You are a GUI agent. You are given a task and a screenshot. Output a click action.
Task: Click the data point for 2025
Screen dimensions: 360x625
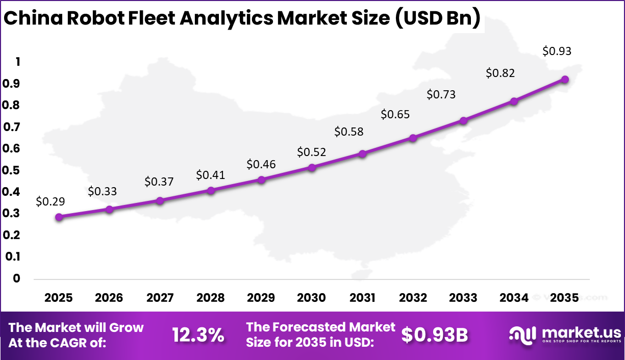59,217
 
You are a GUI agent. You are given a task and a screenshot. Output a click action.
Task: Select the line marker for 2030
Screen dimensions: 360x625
312,167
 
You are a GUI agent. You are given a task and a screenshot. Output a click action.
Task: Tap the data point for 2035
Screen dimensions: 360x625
565,80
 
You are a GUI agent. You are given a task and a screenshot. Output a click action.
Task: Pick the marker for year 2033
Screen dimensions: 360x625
463,121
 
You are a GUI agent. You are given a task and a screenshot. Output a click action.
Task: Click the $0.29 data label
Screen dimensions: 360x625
50,201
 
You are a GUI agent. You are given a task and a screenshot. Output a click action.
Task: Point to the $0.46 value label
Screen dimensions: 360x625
261,164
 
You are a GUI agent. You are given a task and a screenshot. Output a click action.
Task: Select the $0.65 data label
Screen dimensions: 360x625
395,115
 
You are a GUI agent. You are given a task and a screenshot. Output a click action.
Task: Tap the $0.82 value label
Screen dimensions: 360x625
500,73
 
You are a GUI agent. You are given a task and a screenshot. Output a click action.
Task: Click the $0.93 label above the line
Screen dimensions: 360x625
557,51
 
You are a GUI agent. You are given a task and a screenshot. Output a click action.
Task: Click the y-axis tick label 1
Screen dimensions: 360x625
18,62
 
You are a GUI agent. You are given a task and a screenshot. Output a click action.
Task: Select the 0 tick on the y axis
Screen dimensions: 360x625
17,278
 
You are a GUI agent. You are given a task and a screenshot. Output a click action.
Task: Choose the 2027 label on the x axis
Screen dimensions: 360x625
160,298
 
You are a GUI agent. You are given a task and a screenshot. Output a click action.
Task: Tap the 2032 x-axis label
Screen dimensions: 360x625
413,298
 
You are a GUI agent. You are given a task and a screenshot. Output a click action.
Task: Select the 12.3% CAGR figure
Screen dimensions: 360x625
198,335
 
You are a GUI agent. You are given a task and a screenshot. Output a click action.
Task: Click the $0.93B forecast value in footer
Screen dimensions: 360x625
435,335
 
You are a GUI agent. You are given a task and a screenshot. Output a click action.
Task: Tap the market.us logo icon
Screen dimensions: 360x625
522,335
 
